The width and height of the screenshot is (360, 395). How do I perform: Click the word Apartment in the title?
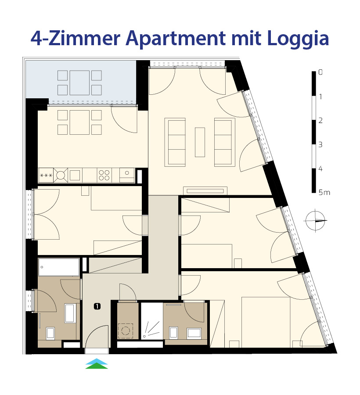(176, 39)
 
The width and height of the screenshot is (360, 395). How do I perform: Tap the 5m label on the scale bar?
(324, 193)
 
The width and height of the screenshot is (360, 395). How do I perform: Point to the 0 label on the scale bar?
(320, 72)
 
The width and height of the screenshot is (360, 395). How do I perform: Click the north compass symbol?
(315, 221)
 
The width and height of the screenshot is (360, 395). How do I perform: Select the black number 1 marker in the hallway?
(97, 306)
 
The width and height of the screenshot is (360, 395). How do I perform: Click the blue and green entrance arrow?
(97, 363)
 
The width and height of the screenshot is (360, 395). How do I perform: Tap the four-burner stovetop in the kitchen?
(104, 175)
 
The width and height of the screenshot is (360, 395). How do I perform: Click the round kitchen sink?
(61, 175)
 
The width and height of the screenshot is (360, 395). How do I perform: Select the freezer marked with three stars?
(46, 175)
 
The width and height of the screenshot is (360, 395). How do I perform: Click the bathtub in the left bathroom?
(59, 267)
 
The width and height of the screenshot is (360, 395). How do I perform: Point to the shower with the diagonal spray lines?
(151, 321)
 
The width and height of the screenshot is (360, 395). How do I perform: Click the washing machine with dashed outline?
(126, 330)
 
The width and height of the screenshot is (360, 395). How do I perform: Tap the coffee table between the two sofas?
(200, 142)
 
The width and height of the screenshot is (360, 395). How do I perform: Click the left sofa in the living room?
(175, 142)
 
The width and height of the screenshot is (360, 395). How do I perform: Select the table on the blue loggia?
(79, 83)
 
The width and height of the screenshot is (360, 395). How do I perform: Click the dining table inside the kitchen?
(79, 122)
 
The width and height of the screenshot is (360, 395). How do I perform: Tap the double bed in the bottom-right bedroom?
(266, 322)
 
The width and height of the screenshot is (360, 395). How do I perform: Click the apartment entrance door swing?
(97, 336)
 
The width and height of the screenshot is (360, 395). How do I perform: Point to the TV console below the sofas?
(205, 191)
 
